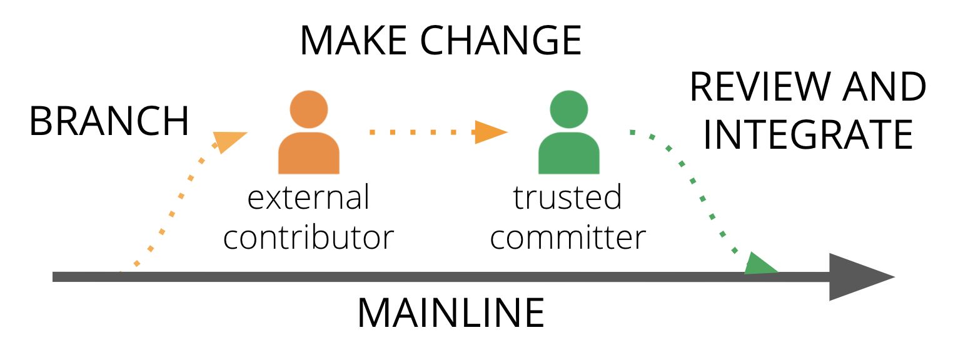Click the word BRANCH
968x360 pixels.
pyautogui.click(x=109, y=121)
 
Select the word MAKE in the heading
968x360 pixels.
pyautogui.click(x=354, y=40)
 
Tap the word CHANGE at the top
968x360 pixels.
pyautogui.click(x=500, y=40)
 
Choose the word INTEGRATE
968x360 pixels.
pyautogui.click(x=808, y=134)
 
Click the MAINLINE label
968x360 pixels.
pyautogui.click(x=450, y=313)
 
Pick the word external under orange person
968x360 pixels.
pyautogui.click(x=309, y=197)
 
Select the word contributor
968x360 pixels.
pyautogui.click(x=309, y=237)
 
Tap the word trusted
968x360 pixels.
pyautogui.click(x=568, y=197)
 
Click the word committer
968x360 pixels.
pyautogui.click(x=568, y=237)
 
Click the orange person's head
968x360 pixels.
pyautogui.click(x=309, y=109)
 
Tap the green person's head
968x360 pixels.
pyautogui.click(x=568, y=109)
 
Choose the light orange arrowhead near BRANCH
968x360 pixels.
pyautogui.click(x=228, y=141)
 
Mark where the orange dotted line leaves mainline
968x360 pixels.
pyautogui.click(x=121, y=272)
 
